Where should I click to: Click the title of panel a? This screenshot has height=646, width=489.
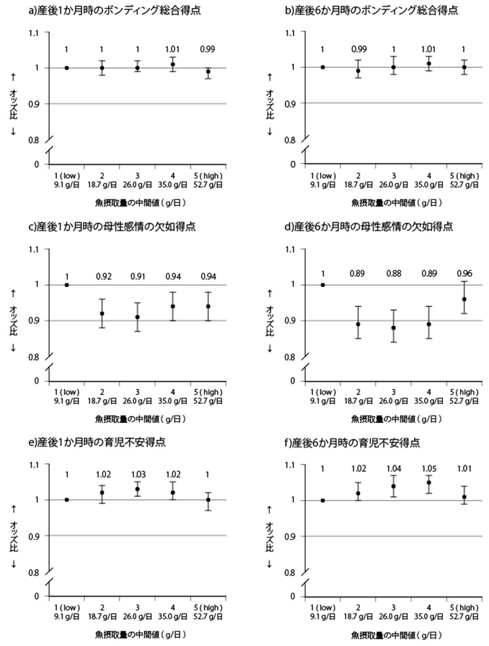(96, 12)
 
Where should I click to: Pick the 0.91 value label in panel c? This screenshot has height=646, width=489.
(139, 276)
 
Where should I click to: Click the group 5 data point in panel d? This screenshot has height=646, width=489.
(464, 299)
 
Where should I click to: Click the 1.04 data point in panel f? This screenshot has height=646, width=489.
(393, 486)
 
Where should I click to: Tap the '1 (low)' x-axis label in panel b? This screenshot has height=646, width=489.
(323, 175)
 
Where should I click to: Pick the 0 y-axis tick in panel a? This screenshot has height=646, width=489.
(37, 165)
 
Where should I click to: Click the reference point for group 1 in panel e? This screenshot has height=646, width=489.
(67, 500)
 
